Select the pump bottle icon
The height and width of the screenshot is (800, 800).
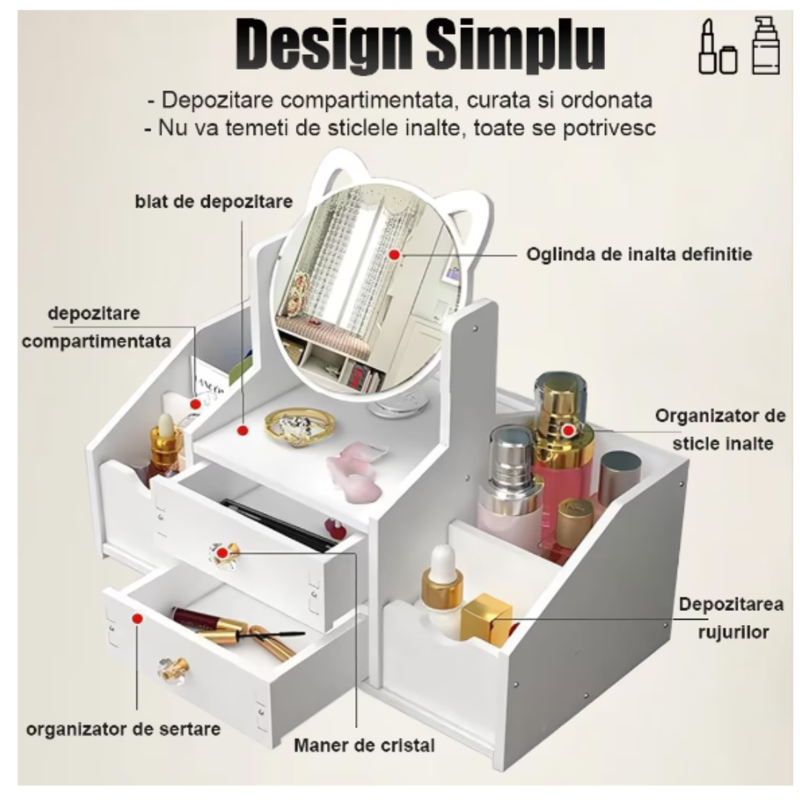tap(765, 46)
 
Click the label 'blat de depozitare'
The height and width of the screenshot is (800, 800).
tap(214, 202)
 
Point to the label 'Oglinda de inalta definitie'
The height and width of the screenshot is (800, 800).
tap(639, 254)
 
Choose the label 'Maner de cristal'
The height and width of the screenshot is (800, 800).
tap(364, 745)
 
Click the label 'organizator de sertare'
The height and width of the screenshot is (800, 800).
tap(123, 729)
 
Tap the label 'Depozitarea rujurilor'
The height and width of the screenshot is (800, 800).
tap(731, 618)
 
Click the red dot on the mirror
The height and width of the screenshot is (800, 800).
tap(394, 254)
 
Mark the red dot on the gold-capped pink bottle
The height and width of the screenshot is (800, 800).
tap(568, 429)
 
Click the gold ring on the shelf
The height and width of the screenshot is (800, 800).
tap(299, 426)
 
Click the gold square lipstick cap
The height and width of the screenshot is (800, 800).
tap(486, 618)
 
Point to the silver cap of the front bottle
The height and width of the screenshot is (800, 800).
tap(509, 452)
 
